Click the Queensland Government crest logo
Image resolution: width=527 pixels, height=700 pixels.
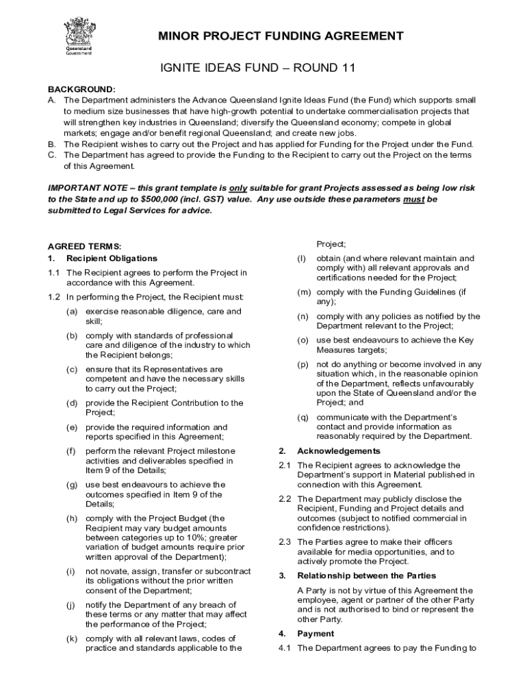[78, 38]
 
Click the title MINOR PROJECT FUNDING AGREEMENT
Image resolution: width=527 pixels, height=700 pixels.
[281, 36]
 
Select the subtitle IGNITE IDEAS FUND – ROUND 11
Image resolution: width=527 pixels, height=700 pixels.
[256, 68]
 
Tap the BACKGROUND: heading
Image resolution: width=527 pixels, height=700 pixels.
[81, 90]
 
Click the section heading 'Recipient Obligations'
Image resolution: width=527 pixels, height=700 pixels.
[112, 258]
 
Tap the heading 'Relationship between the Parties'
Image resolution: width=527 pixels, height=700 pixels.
[366, 576]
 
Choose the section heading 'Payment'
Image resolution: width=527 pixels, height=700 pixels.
[316, 634]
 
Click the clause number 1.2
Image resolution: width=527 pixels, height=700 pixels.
[54, 297]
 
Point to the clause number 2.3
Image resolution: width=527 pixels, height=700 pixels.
[285, 542]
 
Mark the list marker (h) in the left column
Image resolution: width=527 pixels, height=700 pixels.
[71, 519]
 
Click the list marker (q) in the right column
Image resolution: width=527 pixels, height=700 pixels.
[302, 417]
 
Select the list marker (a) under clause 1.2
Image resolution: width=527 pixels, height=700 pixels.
[71, 312]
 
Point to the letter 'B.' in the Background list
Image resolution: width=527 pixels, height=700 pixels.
[52, 144]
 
